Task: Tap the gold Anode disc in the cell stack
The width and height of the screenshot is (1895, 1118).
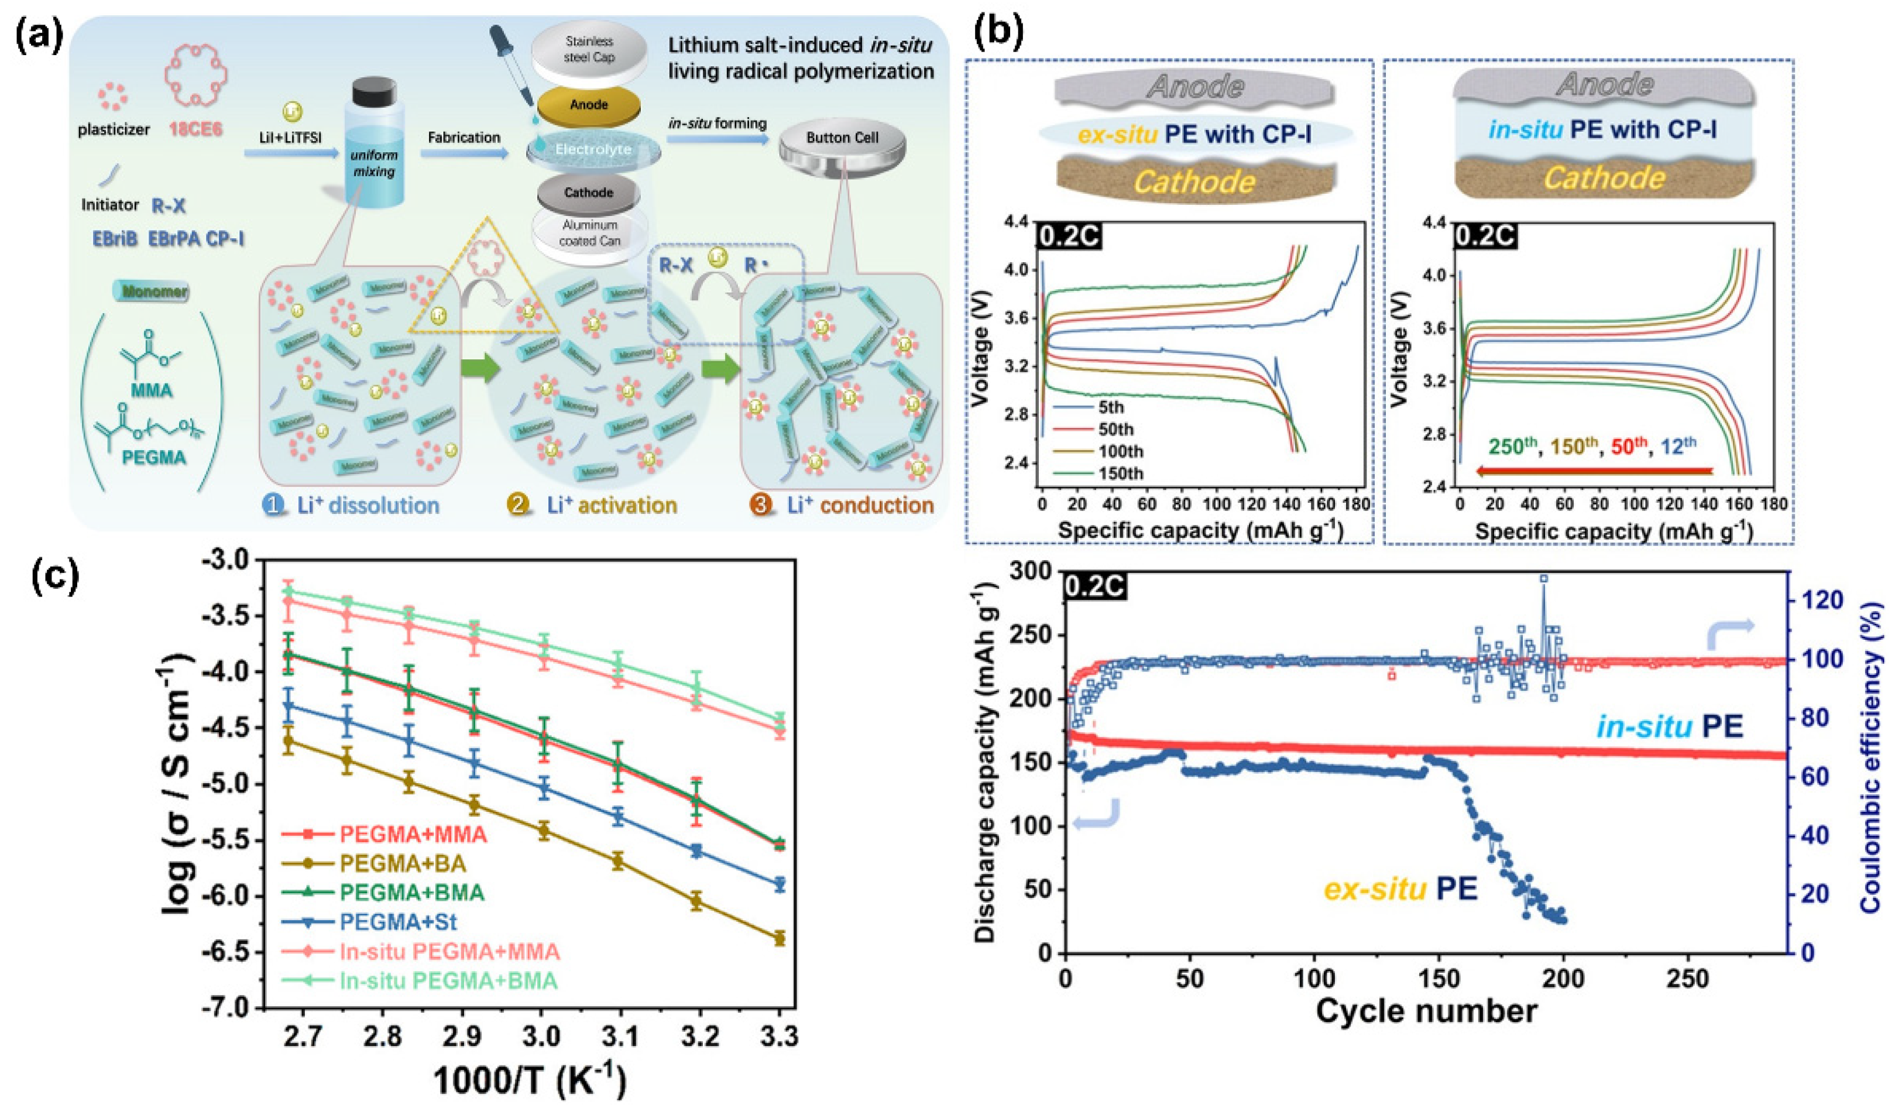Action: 588,105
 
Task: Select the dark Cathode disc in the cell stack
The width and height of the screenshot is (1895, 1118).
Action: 588,194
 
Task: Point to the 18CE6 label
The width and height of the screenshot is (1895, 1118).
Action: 197,129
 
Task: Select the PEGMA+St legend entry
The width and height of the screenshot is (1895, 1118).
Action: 398,922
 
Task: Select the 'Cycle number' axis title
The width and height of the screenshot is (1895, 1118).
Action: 1426,1010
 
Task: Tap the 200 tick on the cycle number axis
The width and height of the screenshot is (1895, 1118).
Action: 1563,979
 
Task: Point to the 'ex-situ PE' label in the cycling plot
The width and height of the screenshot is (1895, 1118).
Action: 1400,890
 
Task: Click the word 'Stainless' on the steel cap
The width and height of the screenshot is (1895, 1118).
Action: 588,42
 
